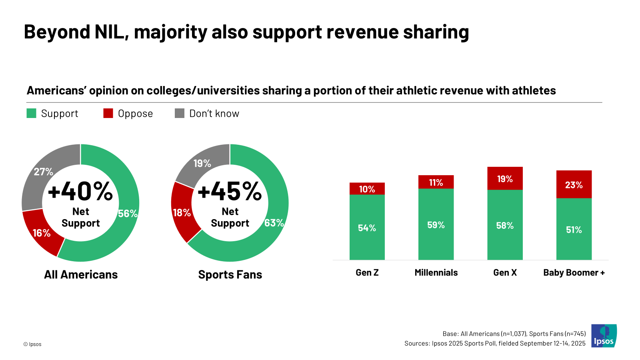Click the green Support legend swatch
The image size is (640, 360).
tap(31, 113)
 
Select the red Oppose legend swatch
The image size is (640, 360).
tap(108, 113)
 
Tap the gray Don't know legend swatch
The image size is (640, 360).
tap(180, 113)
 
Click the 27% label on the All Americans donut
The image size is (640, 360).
tap(43, 172)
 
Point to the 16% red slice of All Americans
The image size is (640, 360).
tap(42, 233)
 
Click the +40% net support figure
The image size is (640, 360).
tap(80, 191)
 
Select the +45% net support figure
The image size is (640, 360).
tap(230, 191)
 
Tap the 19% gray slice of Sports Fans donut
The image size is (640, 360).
tap(202, 163)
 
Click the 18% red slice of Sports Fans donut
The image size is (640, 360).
tap(182, 213)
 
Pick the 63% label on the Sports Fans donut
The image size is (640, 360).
tap(274, 223)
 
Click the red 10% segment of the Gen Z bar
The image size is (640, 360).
tap(367, 189)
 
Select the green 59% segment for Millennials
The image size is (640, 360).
tap(436, 225)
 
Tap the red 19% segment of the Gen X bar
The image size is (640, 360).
tap(505, 179)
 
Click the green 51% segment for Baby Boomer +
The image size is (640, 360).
tap(574, 230)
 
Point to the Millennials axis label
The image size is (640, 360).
tap(436, 272)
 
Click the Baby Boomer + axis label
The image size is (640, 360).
tap(574, 272)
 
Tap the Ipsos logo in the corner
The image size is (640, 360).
tap(604, 336)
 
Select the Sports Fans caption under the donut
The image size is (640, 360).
tap(230, 274)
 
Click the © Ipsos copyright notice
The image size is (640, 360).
tap(32, 344)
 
